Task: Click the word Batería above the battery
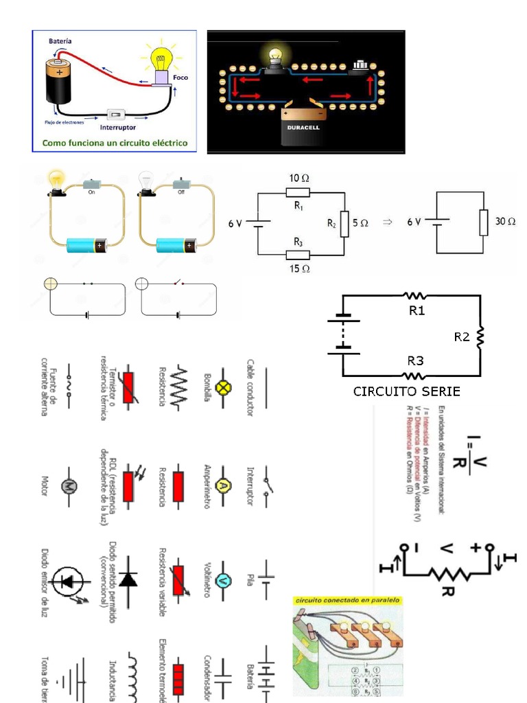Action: coord(60,41)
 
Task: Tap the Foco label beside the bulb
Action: coord(180,78)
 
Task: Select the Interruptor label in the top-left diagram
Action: coord(118,128)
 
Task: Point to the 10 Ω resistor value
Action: coord(298,178)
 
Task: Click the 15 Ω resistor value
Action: coord(298,268)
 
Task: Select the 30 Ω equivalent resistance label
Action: coord(504,222)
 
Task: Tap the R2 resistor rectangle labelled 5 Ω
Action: coord(344,223)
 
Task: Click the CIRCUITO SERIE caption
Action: coord(407,391)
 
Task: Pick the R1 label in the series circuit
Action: coord(417,310)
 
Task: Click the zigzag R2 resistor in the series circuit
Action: coord(480,336)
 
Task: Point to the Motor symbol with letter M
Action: coord(69,485)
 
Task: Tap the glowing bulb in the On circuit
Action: coord(56,181)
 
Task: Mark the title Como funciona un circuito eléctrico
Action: coord(115,144)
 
